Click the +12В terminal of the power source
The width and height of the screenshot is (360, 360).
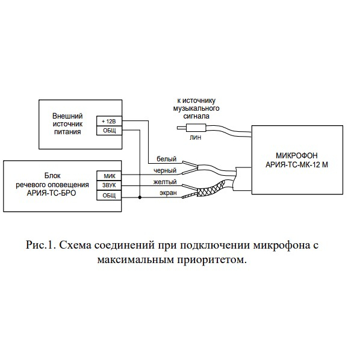tap(109, 121)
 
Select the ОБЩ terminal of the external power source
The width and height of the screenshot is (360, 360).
tap(109, 131)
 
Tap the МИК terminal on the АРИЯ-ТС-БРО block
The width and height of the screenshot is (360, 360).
tap(109, 176)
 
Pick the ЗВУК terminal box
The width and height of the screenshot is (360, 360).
tap(109, 185)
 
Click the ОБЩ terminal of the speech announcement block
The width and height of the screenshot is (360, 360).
tap(109, 195)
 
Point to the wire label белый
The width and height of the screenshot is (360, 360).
tap(166, 159)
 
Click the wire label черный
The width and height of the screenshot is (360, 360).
tap(165, 170)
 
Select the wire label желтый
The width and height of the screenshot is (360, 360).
tap(165, 182)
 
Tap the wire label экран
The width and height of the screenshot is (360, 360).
tap(168, 193)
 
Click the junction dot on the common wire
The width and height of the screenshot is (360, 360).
tap(140, 197)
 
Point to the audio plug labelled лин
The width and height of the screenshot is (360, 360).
tap(191, 128)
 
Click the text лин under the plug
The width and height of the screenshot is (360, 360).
tap(196, 137)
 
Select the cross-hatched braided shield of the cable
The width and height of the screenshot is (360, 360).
tap(211, 188)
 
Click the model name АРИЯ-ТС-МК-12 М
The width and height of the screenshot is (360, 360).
tap(297, 164)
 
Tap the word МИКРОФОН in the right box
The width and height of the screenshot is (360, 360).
tap(297, 156)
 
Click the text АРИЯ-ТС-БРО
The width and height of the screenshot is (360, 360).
tap(51, 193)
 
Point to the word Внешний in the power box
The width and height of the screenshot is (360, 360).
tap(67, 116)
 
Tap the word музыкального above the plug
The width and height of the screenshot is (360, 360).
tap(196, 108)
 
